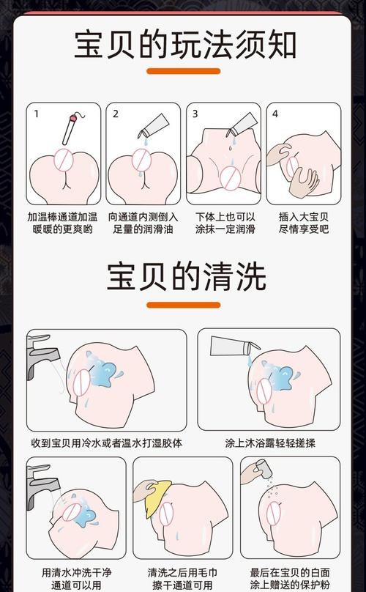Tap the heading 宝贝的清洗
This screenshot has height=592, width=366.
[184, 276]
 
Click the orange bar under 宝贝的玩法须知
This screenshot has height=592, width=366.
[184, 71]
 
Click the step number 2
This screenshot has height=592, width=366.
[115, 114]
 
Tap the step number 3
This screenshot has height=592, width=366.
[195, 114]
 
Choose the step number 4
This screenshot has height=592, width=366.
[275, 114]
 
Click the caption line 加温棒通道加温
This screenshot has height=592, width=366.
[62, 217]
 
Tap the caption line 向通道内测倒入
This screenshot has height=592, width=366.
[143, 217]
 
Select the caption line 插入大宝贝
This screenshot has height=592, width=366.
[303, 217]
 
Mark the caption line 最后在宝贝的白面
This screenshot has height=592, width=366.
[290, 572]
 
